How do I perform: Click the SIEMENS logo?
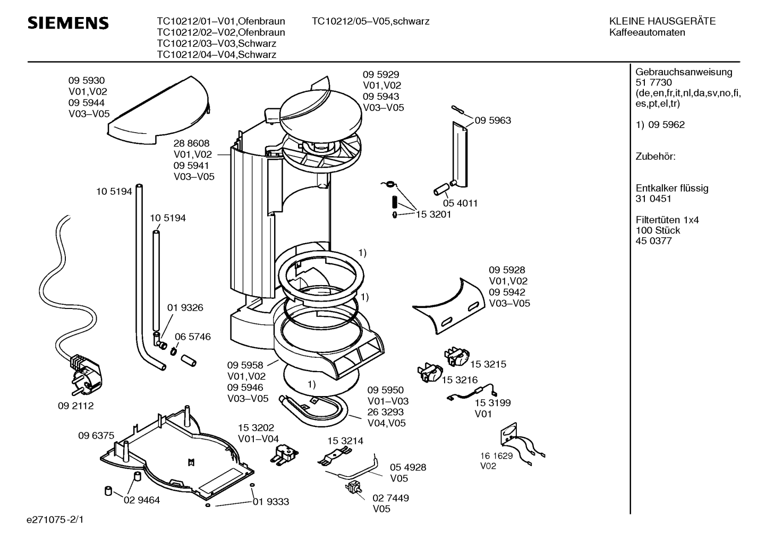click(x=68, y=23)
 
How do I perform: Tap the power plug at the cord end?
click(x=86, y=375)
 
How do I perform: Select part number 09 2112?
click(x=75, y=406)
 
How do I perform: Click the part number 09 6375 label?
click(x=96, y=435)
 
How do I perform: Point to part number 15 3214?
click(x=345, y=441)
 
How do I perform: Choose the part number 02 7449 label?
click(x=390, y=497)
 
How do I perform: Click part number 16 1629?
click(x=496, y=456)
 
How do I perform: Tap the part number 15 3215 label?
click(x=488, y=364)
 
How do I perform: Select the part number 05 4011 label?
click(x=460, y=203)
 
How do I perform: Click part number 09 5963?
click(x=493, y=121)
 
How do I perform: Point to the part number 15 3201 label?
click(x=433, y=214)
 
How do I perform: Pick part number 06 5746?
click(x=192, y=337)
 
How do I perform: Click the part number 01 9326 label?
click(x=185, y=307)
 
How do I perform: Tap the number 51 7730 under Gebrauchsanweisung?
click(x=653, y=82)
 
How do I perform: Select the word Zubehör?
click(x=655, y=157)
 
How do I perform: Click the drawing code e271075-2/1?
click(x=55, y=520)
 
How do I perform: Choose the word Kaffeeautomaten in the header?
click(x=647, y=32)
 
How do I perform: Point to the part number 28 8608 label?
click(x=191, y=143)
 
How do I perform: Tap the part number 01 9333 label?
click(x=271, y=502)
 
